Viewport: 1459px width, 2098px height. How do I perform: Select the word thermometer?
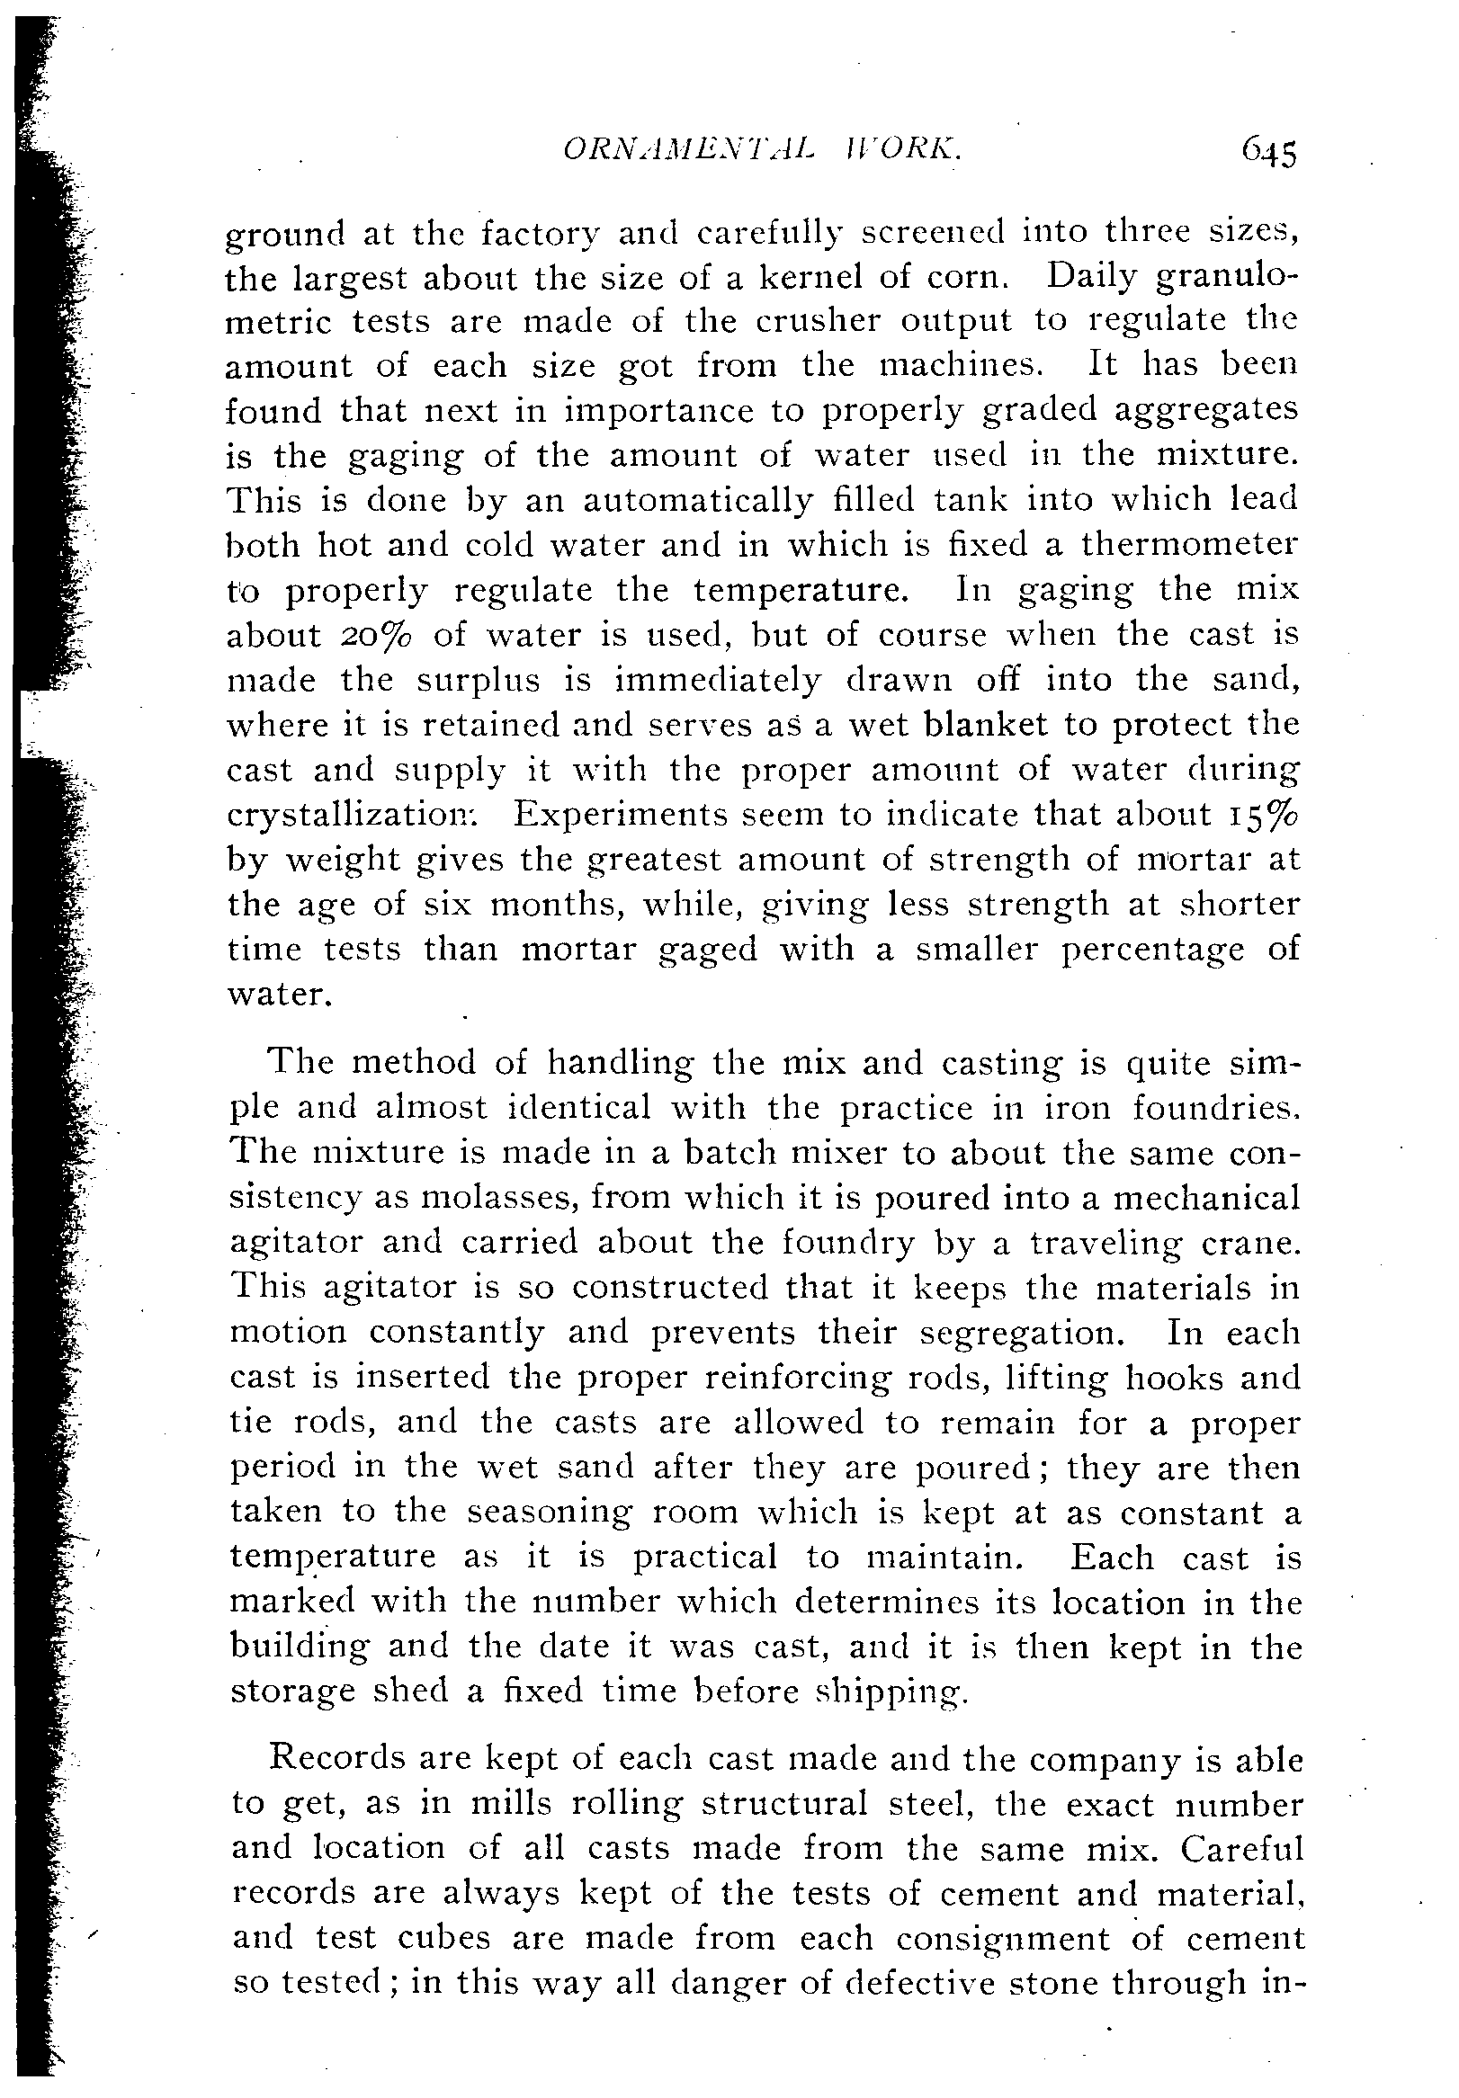click(1189, 546)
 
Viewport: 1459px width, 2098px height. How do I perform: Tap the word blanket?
click(987, 726)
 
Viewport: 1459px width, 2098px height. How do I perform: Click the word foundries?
click(1216, 1110)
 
